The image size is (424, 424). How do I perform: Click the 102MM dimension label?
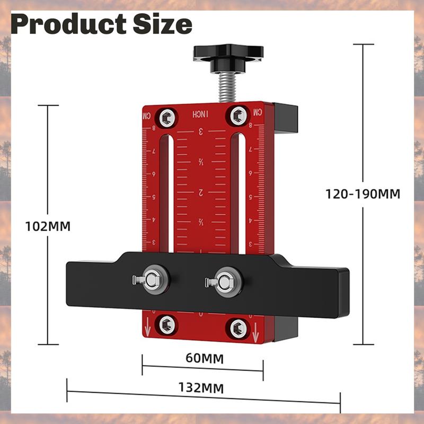click(48, 226)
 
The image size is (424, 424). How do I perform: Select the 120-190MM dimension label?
click(363, 193)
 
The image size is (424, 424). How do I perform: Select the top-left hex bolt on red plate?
click(169, 116)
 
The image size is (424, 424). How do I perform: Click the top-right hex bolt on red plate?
click(238, 115)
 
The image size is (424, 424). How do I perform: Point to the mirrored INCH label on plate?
click(201, 114)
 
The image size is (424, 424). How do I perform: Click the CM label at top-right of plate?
click(257, 112)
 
